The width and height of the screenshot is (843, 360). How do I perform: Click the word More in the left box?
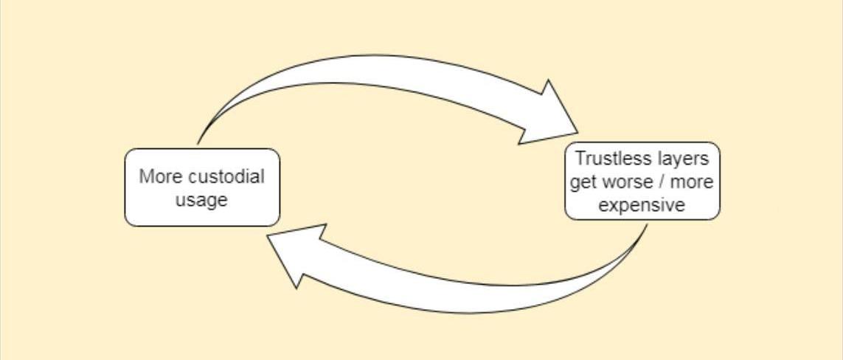(159, 177)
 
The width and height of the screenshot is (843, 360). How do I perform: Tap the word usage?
(201, 200)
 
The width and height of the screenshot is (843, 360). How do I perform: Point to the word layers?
(683, 159)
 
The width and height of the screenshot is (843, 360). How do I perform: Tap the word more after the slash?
(693, 182)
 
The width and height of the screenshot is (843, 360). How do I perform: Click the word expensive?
(642, 205)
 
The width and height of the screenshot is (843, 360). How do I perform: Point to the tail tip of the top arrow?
(198, 143)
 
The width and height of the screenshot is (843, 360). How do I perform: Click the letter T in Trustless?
(580, 159)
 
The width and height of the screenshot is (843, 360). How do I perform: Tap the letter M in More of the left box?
(146, 177)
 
